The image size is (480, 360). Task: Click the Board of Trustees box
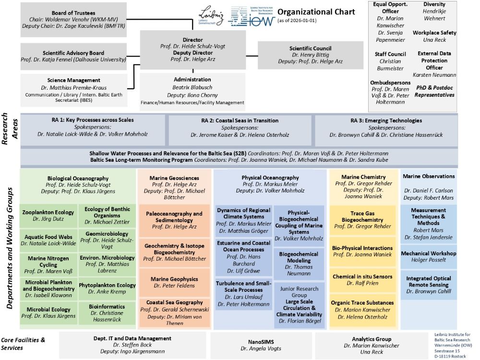click(x=73, y=19)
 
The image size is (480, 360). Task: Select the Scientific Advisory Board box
click(x=73, y=56)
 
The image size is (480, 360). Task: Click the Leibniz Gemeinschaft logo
click(x=211, y=16)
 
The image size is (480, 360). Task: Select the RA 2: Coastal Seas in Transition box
click(x=240, y=127)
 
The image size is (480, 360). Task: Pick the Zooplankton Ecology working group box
click(x=48, y=216)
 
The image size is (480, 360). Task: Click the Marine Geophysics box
click(x=174, y=282)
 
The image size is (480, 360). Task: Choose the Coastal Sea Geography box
click(x=174, y=312)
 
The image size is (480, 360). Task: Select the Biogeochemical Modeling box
click(x=299, y=264)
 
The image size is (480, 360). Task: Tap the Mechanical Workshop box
click(x=428, y=256)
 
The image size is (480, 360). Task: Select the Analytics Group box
click(x=368, y=345)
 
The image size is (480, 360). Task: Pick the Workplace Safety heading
click(x=434, y=33)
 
